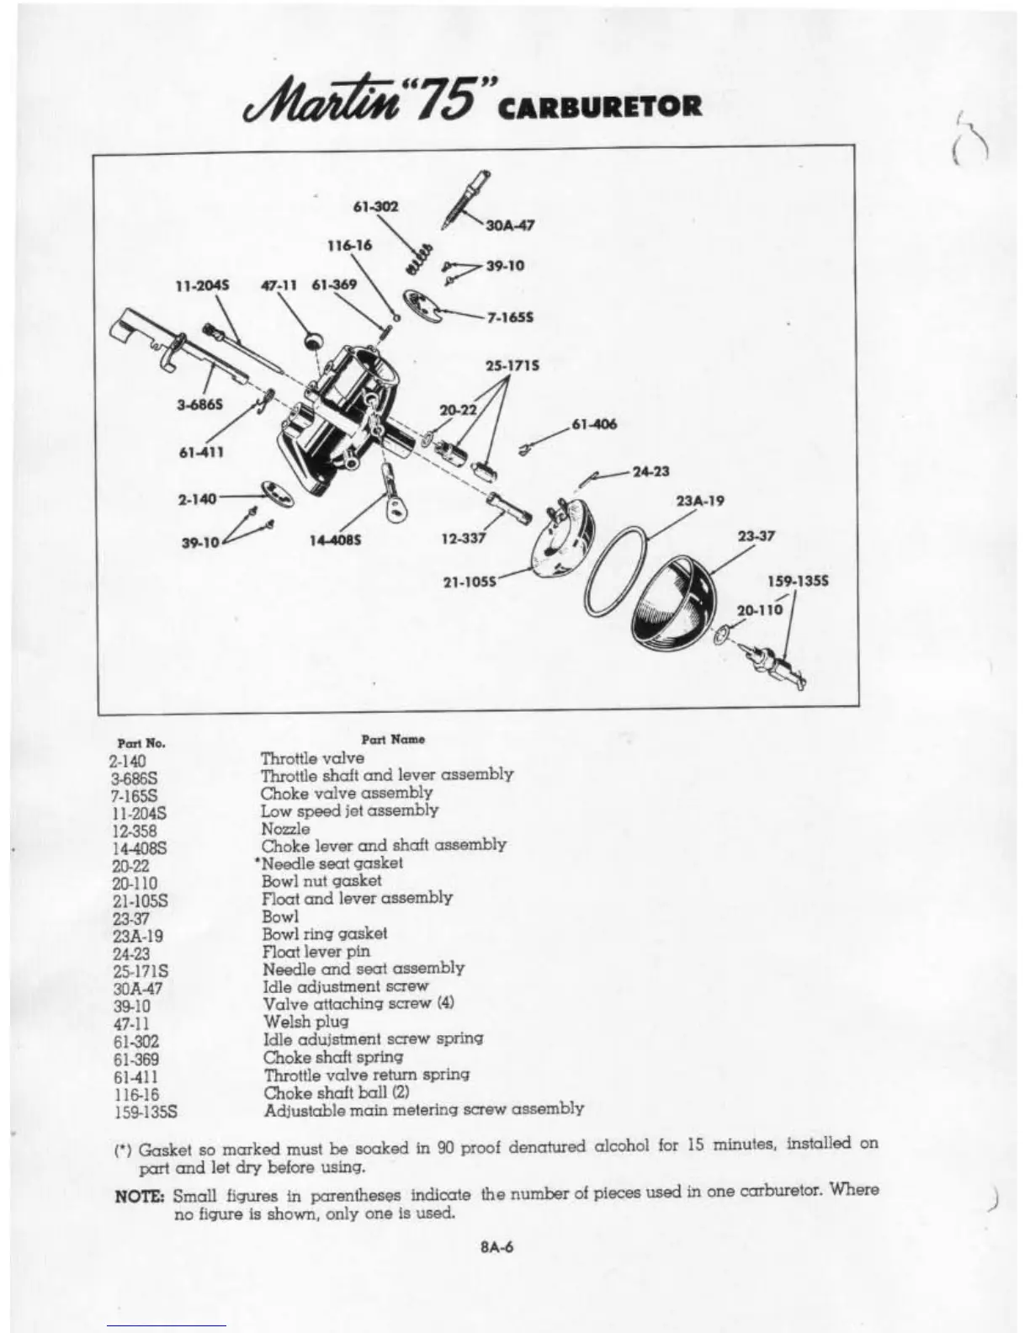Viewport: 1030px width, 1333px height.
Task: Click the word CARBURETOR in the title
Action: click(600, 107)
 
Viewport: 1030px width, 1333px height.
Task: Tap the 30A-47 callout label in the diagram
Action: click(512, 225)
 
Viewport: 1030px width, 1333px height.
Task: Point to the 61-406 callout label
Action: click(594, 424)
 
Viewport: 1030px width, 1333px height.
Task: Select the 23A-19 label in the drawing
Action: click(700, 500)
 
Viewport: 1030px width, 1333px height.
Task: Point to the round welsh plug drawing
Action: click(313, 340)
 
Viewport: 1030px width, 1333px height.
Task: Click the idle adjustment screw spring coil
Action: click(420, 253)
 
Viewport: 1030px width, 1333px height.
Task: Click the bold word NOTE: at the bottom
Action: click(144, 1195)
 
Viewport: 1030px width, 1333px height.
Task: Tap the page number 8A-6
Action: click(496, 1247)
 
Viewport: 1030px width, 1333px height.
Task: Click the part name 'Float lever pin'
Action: click(316, 951)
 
